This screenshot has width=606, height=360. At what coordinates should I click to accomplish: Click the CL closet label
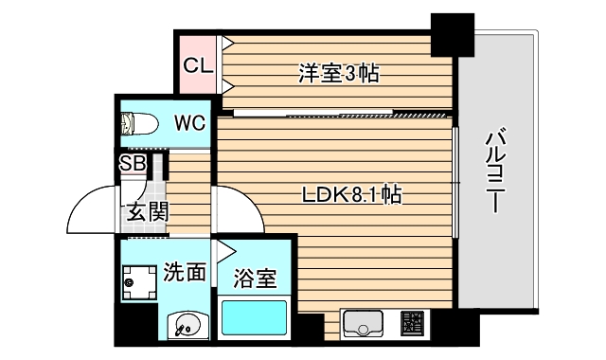198,65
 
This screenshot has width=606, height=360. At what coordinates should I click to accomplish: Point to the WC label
189,122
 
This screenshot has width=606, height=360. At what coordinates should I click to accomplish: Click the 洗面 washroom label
184,273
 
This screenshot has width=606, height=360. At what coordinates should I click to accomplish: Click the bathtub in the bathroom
255,317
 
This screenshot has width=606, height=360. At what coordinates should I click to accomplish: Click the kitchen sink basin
361,325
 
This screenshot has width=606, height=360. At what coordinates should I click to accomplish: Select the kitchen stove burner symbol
414,325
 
